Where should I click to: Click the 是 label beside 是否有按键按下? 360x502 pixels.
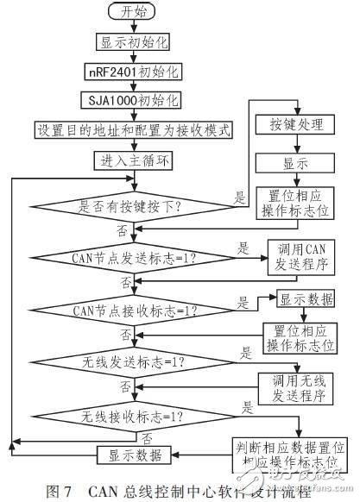pyautogui.click(x=239, y=198)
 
